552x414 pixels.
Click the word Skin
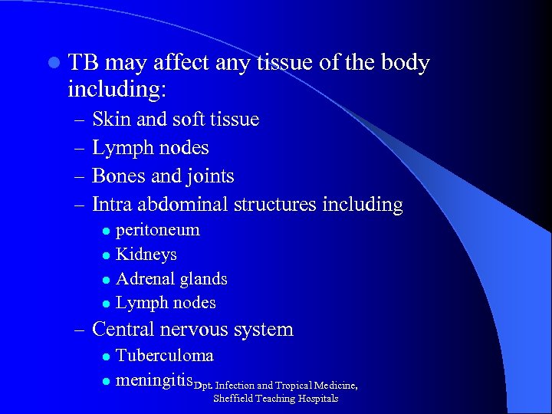pyautogui.click(x=108, y=120)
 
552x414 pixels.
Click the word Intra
pyautogui.click(x=110, y=205)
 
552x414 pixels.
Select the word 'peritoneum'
pyautogui.click(x=157, y=230)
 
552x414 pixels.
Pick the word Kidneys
pyautogui.click(x=146, y=254)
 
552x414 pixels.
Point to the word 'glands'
pyautogui.click(x=202, y=278)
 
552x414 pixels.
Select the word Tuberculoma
pyautogui.click(x=164, y=356)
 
